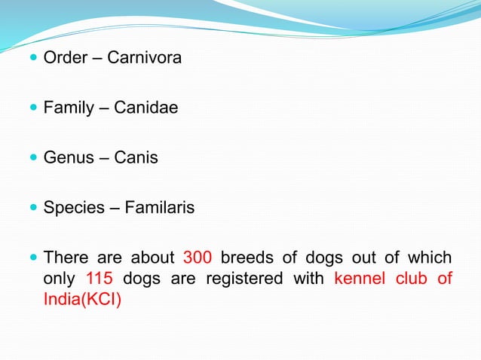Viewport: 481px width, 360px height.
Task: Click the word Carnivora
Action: pyautogui.click(x=145, y=57)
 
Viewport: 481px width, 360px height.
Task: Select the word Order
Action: pyautogui.click(x=65, y=57)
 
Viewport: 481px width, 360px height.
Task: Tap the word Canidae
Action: pyautogui.click(x=146, y=108)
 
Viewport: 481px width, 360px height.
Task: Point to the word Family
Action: pyautogui.click(x=69, y=108)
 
